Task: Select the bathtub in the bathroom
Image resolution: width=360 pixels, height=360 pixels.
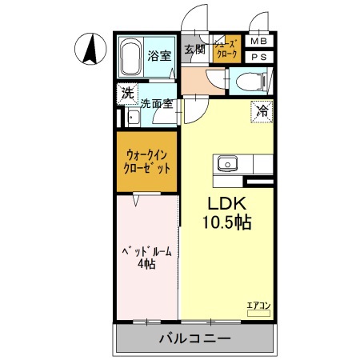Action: [x=132, y=57]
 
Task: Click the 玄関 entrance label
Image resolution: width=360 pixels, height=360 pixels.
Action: [x=194, y=50]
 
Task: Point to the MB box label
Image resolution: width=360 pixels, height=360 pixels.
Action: [x=258, y=42]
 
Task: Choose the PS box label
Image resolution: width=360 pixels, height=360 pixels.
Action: [x=258, y=58]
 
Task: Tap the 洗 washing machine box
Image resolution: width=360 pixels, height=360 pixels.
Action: [x=127, y=93]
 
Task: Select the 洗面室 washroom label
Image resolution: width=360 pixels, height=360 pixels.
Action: [x=157, y=103]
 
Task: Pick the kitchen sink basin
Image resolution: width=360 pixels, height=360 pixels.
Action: [x=226, y=163]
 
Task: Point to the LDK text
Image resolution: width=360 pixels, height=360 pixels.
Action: [x=226, y=203]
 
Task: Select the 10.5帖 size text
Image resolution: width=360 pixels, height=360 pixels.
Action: [x=226, y=222]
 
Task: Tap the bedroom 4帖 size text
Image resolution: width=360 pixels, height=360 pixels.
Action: [x=146, y=265]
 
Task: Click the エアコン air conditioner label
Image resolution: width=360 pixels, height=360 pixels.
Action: [x=258, y=306]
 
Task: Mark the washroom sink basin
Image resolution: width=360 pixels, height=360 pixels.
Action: [x=132, y=118]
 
